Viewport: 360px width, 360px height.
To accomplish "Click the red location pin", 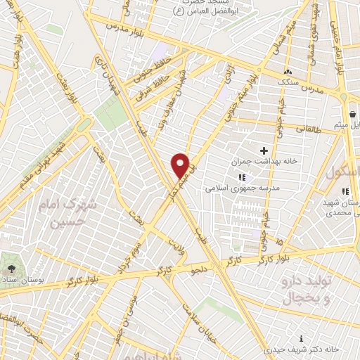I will [181, 165].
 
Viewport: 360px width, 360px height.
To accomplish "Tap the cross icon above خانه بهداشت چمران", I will [264, 150].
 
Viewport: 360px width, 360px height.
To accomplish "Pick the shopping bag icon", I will [352, 114].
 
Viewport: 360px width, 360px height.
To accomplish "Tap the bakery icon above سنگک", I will [288, 72].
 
